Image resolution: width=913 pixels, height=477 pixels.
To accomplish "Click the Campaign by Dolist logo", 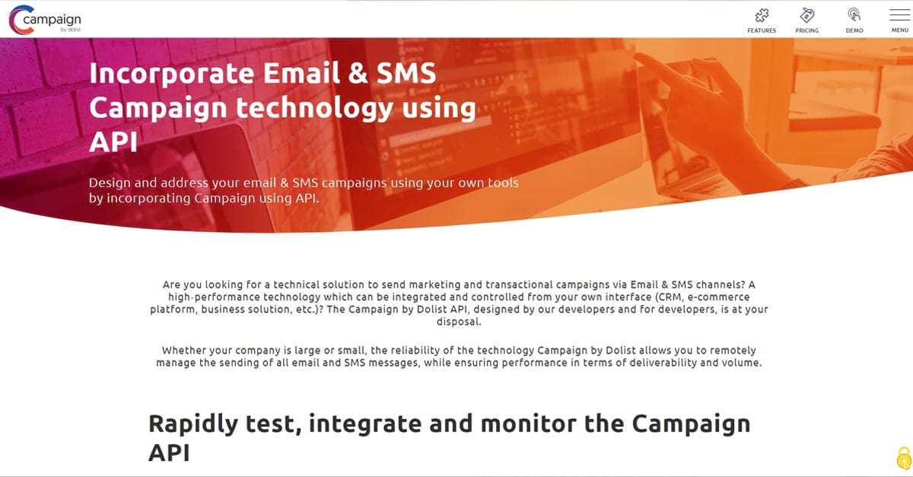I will click(x=45, y=19).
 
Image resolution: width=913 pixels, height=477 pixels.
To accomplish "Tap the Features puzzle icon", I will click(x=762, y=15).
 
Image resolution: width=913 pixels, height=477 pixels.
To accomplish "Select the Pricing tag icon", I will click(x=807, y=15).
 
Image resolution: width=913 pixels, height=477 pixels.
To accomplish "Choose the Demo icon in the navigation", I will click(x=854, y=15).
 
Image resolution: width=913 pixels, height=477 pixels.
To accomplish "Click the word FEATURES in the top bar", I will click(x=762, y=30).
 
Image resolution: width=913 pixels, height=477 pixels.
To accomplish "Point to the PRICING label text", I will click(x=807, y=30).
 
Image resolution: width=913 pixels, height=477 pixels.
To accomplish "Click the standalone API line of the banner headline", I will click(x=113, y=142).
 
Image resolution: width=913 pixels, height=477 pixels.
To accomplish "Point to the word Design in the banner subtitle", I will click(x=110, y=183).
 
